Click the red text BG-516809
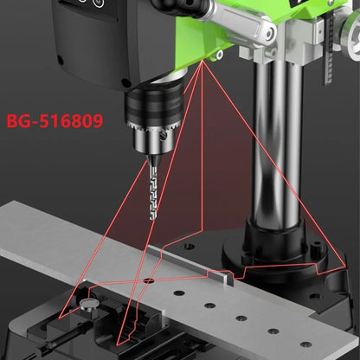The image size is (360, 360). click(53, 121)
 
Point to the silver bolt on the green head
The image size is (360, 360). click(270, 35)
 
